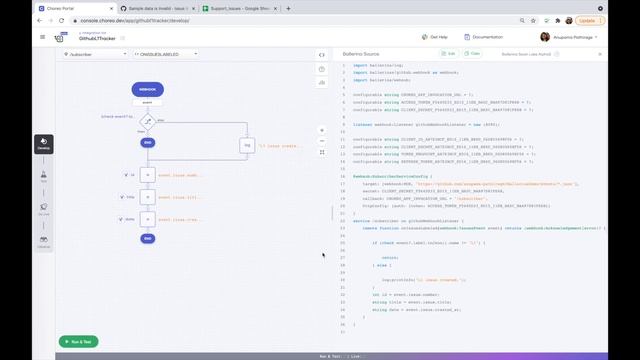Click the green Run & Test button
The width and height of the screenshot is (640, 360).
coord(78,341)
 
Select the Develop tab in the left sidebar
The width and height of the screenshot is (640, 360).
coord(44,145)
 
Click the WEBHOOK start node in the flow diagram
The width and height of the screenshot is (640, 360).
coord(147,89)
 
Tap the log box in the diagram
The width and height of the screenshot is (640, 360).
coord(247,145)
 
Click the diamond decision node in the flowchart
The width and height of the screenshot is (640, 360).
coord(147,120)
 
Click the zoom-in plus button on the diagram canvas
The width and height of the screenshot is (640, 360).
coord(321,130)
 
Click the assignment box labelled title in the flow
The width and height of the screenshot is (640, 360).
coord(148,197)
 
